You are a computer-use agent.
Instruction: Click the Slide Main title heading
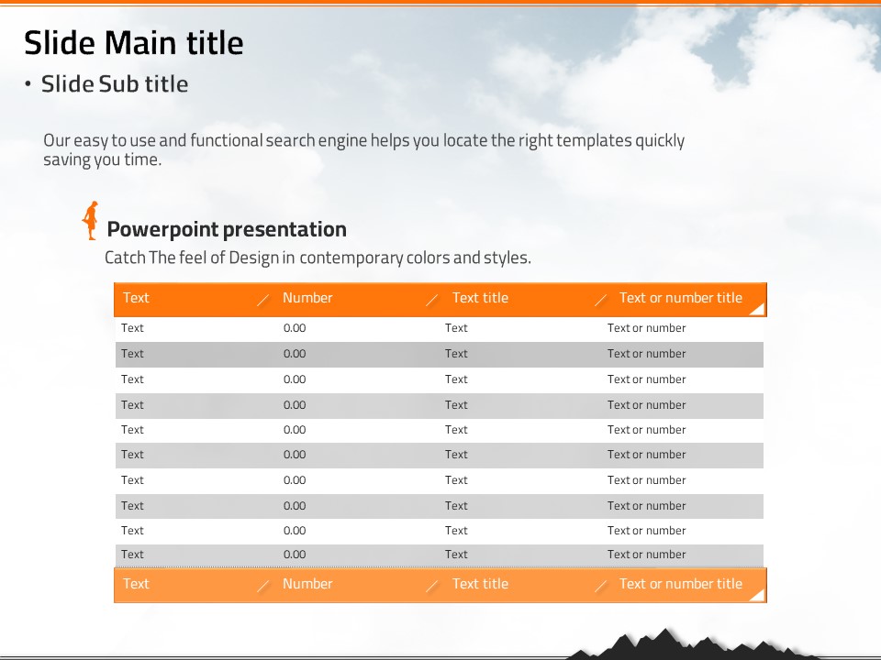pyautogui.click(x=134, y=43)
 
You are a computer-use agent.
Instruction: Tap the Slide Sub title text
pyautogui.click(x=115, y=84)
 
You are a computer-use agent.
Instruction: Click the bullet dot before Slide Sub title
pyautogui.click(x=28, y=84)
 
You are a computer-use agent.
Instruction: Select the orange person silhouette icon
pyautogui.click(x=90, y=221)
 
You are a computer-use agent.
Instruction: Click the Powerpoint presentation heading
pyautogui.click(x=227, y=229)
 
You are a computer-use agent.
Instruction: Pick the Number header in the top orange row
pyautogui.click(x=307, y=298)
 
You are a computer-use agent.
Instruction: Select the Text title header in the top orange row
pyautogui.click(x=480, y=298)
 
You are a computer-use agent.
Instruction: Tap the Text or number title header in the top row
pyautogui.click(x=681, y=298)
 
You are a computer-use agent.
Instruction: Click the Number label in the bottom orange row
pyautogui.click(x=307, y=584)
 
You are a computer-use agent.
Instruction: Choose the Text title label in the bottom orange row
pyautogui.click(x=480, y=584)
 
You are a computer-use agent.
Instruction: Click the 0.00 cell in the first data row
pyautogui.click(x=295, y=328)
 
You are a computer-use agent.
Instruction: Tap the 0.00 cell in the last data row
pyautogui.click(x=295, y=555)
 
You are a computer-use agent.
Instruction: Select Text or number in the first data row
pyautogui.click(x=647, y=328)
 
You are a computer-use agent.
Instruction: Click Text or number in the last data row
pyautogui.click(x=647, y=555)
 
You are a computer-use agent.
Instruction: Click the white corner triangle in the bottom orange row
pyautogui.click(x=760, y=596)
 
